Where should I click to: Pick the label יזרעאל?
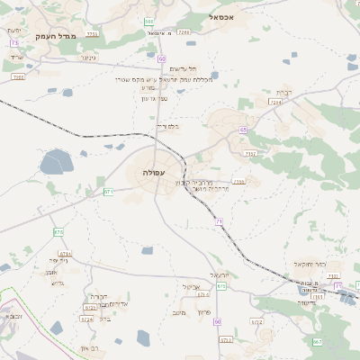coord(220,274)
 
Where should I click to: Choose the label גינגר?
coord(87,58)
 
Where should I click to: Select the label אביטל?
coord(190,287)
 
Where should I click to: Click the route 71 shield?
coord(219,220)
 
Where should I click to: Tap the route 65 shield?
coord(243,130)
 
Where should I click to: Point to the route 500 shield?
coord(148,22)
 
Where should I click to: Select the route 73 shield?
coord(14,43)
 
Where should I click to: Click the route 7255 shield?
coord(92,33)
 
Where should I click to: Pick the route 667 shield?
coord(317,342)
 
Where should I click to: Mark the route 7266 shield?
coord(184,32)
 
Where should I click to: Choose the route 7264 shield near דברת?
coord(275,103)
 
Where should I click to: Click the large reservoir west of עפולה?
coord(56,163)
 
